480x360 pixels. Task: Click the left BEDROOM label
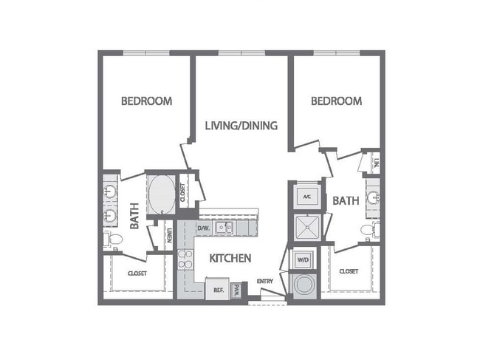[147, 101]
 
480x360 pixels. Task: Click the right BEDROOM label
[336, 101]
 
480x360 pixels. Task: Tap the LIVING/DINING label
[241, 126]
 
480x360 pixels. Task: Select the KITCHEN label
[231, 259]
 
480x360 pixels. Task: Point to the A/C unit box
[306, 197]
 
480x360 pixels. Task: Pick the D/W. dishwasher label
[204, 228]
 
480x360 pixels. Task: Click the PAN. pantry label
[237, 289]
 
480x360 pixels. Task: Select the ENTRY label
[265, 281]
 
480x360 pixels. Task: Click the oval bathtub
[162, 194]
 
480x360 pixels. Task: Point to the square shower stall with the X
[306, 228]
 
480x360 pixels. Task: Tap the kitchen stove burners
[185, 259]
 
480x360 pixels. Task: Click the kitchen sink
[224, 228]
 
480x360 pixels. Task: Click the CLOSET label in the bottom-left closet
[137, 274]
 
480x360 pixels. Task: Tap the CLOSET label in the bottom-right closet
[349, 271]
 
